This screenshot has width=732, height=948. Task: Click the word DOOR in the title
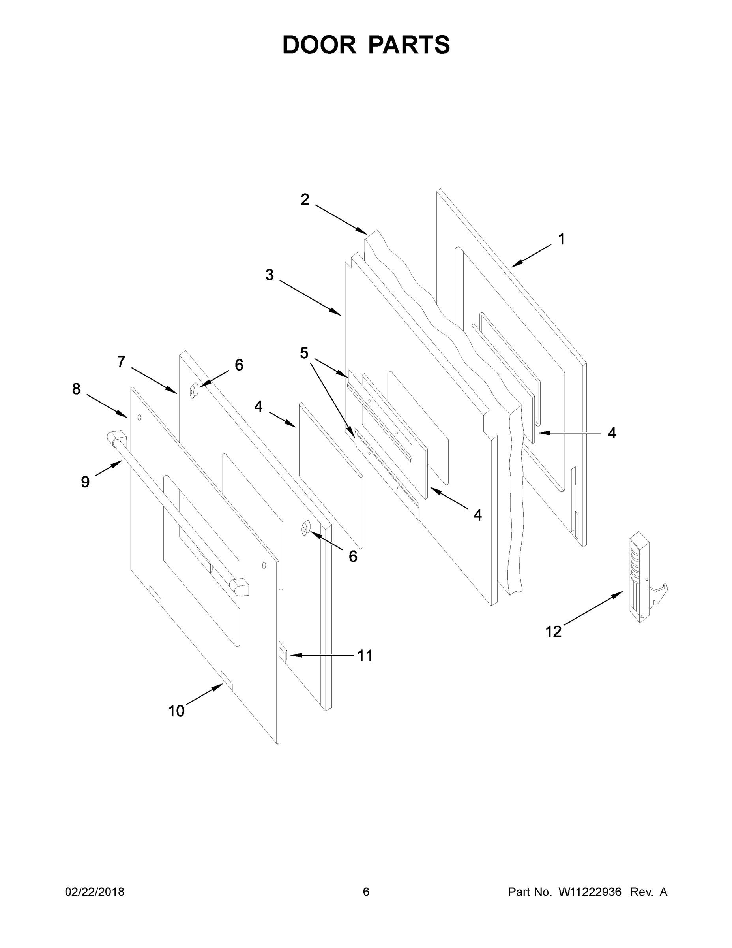coord(319,45)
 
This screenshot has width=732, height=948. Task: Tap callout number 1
coord(561,239)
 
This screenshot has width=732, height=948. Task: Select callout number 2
coord(305,199)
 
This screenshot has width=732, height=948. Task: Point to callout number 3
coord(269,275)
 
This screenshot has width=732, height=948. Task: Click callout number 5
coord(304,353)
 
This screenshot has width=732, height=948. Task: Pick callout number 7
coord(122,361)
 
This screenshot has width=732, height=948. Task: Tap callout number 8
coord(76,389)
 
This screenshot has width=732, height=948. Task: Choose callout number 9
coord(85,482)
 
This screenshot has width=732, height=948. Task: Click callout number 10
coord(176,711)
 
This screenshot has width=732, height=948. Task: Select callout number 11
coord(365,656)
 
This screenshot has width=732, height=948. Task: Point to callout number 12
coord(553,632)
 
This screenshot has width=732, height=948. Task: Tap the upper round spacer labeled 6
coord(193,391)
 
